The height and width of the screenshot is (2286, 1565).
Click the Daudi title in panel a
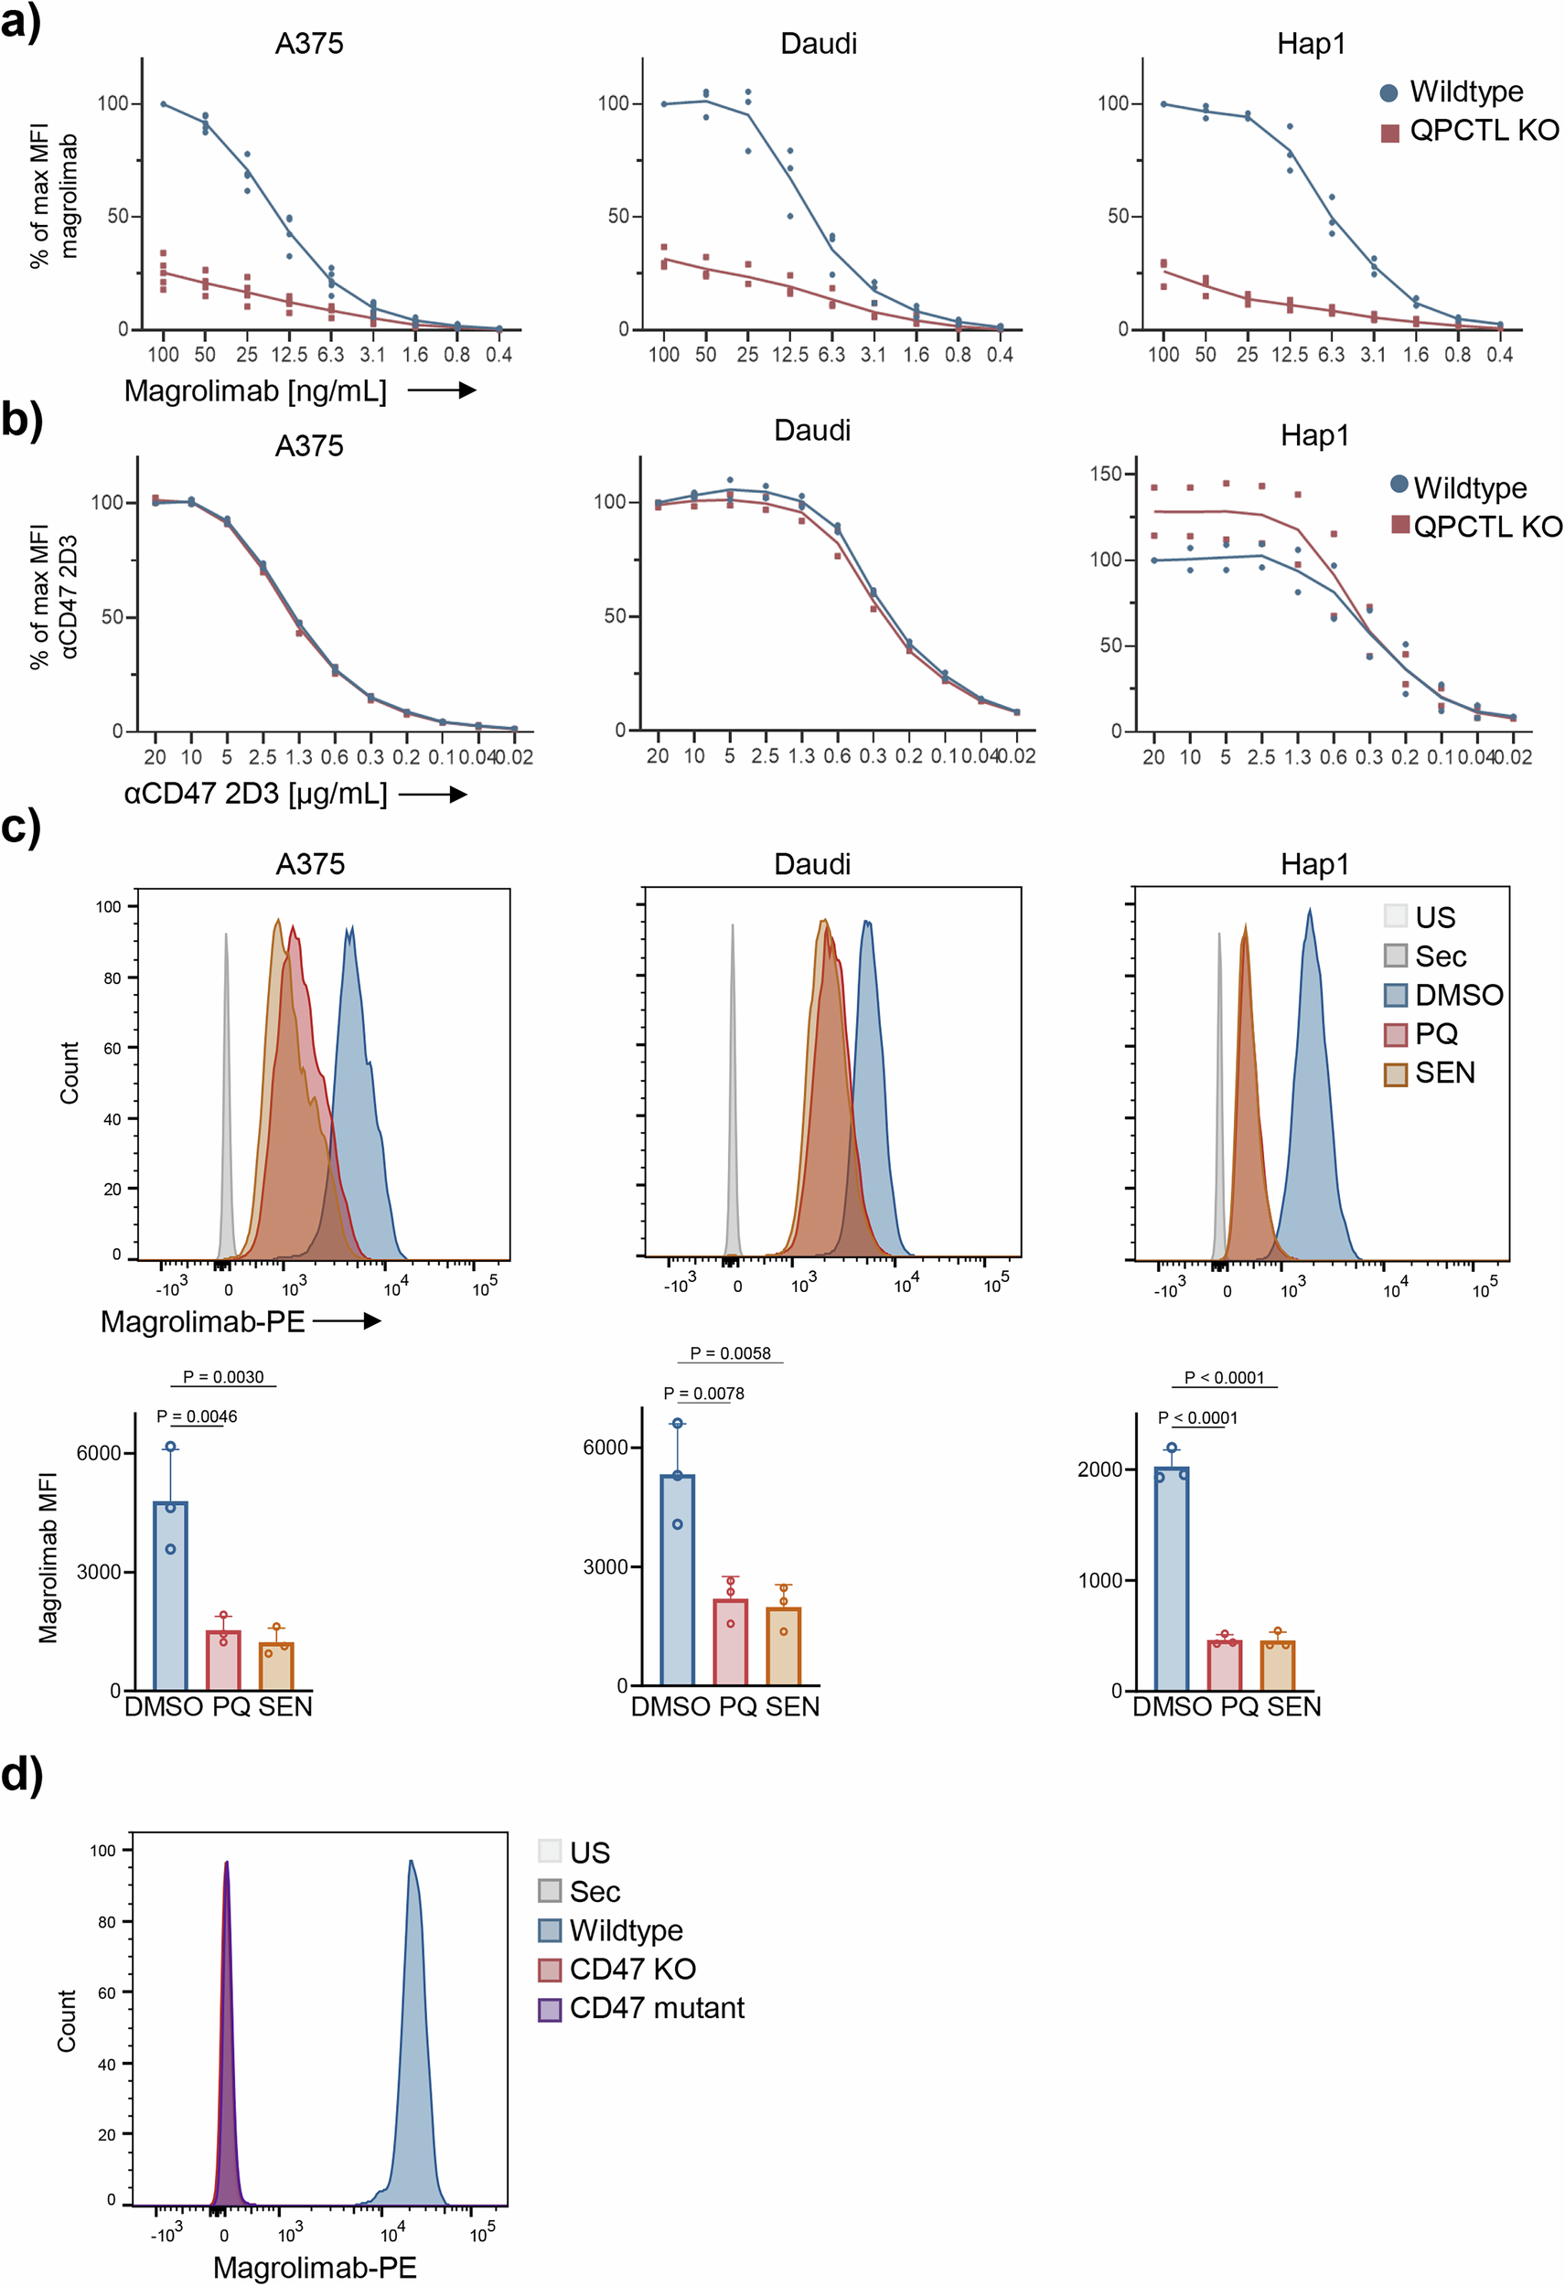818,43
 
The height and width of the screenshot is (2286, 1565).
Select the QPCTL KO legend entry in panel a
1470,131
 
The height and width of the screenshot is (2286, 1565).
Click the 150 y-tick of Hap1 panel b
1105,475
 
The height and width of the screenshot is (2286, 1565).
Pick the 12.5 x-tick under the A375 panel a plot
288,354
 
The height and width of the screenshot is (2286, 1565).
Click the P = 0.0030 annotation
223,1377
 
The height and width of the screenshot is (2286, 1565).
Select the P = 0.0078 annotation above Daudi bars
703,1393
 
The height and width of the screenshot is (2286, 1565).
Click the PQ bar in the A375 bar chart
223,1661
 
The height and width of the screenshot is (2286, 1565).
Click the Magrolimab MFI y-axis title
48,1557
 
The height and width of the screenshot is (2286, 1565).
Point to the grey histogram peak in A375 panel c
226,1082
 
